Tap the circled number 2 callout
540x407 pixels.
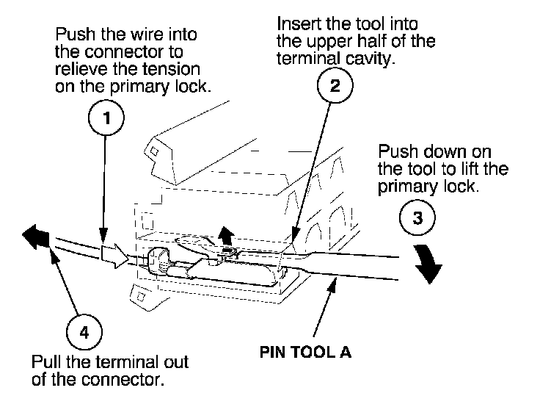click(335, 86)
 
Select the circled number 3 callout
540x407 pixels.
click(419, 218)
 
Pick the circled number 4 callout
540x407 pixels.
click(85, 332)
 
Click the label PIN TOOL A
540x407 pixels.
click(305, 351)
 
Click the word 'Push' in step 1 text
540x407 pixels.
click(73, 36)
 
